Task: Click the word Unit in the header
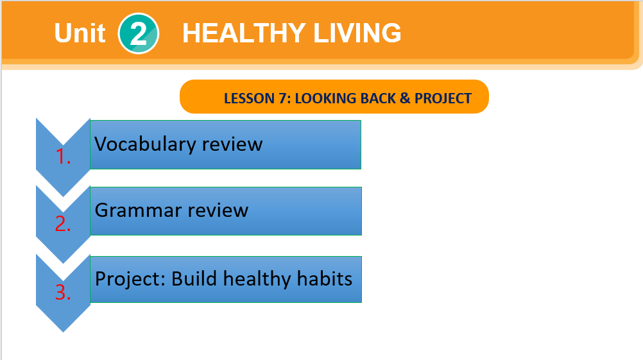click(x=80, y=33)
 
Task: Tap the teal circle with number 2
click(x=138, y=33)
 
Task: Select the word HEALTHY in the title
click(x=244, y=33)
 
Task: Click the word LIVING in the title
click(x=357, y=33)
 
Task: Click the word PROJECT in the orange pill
click(x=443, y=98)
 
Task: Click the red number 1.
click(x=63, y=157)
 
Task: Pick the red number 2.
click(x=63, y=224)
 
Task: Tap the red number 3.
click(x=63, y=293)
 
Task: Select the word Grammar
click(x=138, y=210)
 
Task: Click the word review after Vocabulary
click(x=232, y=144)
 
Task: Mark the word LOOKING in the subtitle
click(x=325, y=98)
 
